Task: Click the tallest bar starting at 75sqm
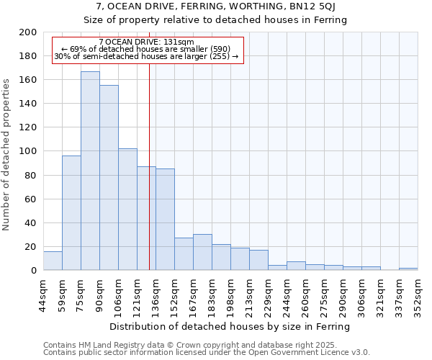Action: (90, 171)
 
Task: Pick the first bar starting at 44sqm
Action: (53, 261)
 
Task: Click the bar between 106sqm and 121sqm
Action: (127, 209)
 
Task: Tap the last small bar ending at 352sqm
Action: (408, 269)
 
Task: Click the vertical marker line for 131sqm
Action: (149, 180)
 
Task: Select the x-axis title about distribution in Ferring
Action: (230, 326)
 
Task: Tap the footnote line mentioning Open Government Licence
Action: (207, 353)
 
